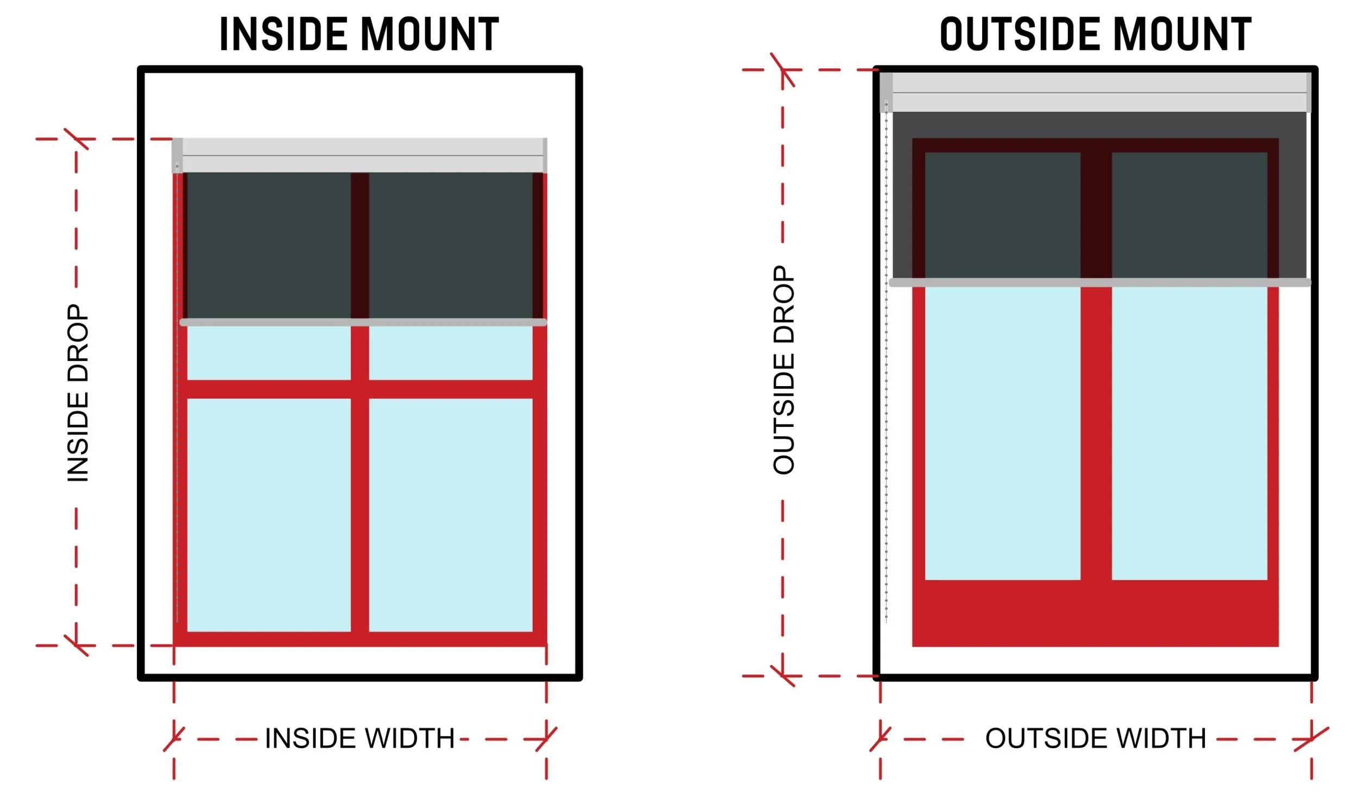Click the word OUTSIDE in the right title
[x=1021, y=34]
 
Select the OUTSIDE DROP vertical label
[x=784, y=370]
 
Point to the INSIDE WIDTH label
[x=360, y=738]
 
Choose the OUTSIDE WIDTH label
[x=1096, y=738]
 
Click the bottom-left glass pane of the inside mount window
[x=269, y=515]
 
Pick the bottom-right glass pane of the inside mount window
[x=450, y=515]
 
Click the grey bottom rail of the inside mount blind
[x=363, y=323]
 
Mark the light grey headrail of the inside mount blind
[x=363, y=155]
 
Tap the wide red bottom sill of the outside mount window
[x=1095, y=614]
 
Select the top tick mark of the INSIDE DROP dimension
[x=76, y=139]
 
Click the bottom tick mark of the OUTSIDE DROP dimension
[x=783, y=676]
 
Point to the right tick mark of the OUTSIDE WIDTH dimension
[x=1311, y=739]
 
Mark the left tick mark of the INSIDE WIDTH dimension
[x=174, y=739]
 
